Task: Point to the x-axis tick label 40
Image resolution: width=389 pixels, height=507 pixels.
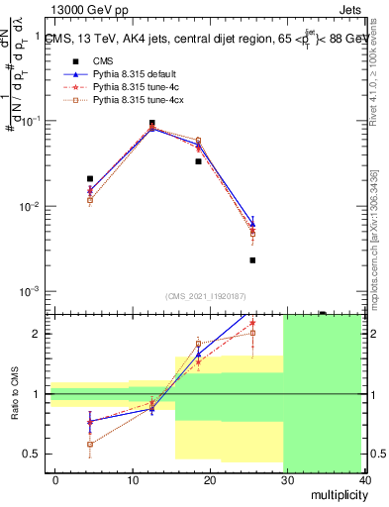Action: [364, 479]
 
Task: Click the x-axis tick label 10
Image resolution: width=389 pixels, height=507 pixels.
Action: [132, 479]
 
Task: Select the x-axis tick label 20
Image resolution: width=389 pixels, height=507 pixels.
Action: [209, 479]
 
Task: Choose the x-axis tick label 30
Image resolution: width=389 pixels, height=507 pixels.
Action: [287, 479]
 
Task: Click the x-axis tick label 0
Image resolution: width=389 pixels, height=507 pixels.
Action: [55, 479]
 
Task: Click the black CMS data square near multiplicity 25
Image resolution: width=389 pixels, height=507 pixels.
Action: [252, 260]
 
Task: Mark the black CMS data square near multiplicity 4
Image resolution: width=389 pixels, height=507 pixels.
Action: [90, 179]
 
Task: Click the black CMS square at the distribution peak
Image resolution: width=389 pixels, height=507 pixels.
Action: [151, 124]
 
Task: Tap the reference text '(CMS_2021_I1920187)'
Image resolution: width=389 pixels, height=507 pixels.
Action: [206, 296]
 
